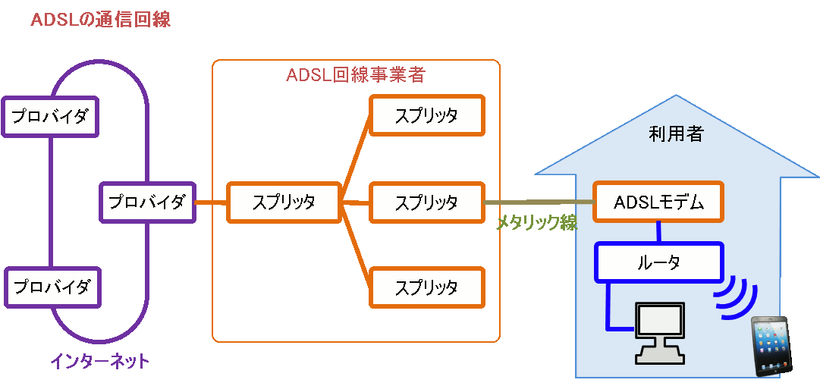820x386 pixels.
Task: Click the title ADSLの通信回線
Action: [100, 20]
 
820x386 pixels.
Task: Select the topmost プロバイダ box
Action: [51, 117]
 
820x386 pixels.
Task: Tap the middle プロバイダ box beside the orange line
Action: [147, 202]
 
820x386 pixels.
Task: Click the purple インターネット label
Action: [99, 362]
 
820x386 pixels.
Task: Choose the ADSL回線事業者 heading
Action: [356, 75]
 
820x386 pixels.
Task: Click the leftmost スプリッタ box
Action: [284, 202]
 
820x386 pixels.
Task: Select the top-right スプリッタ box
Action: [426, 115]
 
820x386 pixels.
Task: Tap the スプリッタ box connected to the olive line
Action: [426, 202]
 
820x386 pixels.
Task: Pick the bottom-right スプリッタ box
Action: [426, 287]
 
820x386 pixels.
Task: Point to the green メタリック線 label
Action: [537, 222]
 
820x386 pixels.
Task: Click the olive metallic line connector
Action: [539, 202]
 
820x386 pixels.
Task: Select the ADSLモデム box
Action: [658, 202]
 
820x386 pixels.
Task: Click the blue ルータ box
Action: [658, 262]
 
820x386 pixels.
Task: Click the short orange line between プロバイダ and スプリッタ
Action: [211, 202]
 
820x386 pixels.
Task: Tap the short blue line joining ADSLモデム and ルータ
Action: [658, 231]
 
